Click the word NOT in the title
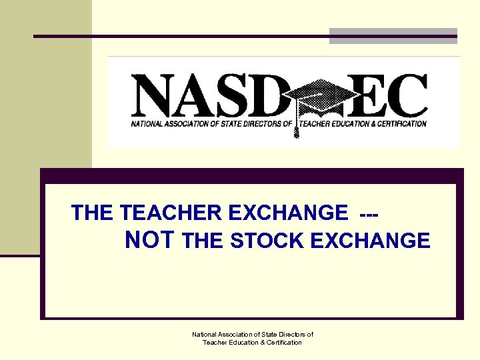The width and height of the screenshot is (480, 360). [x=150, y=239]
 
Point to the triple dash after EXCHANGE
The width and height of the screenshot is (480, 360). [x=369, y=213]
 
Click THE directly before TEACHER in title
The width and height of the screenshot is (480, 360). [x=93, y=213]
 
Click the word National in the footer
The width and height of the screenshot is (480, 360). [x=207, y=335]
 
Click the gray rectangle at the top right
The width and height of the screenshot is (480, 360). [x=393, y=35]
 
